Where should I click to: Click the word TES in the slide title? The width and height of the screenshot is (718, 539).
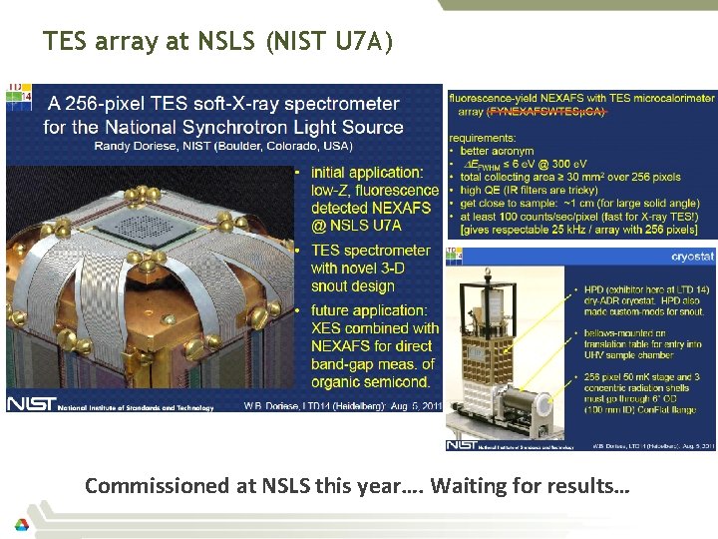66,42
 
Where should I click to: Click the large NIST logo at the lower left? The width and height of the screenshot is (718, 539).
31,404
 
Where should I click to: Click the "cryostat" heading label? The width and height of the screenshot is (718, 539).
692,256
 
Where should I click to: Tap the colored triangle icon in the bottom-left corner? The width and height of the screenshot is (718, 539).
21,525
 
